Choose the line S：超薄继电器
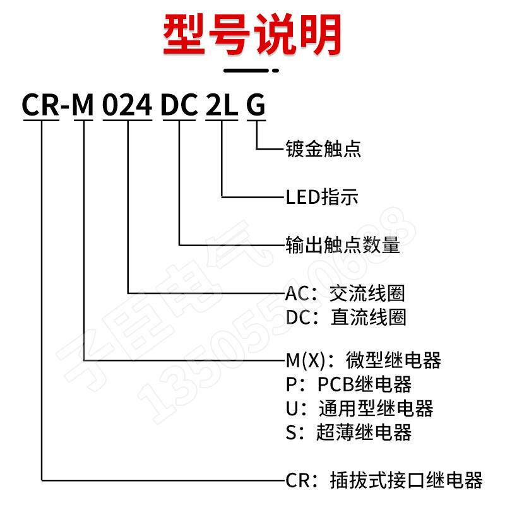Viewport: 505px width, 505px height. [x=348, y=432]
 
